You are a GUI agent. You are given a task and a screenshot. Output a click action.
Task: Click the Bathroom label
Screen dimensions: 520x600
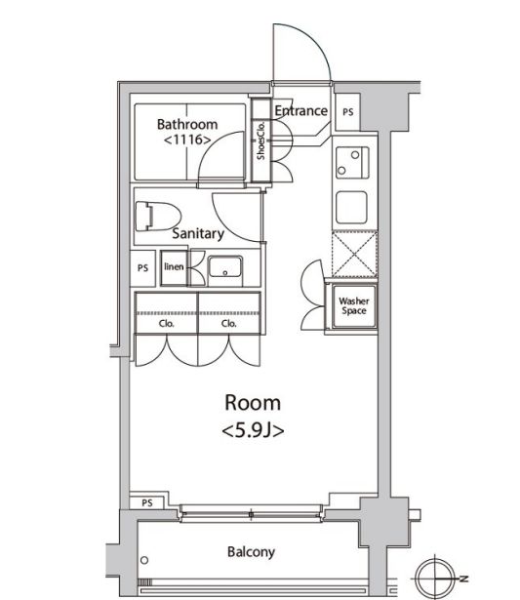(x=187, y=124)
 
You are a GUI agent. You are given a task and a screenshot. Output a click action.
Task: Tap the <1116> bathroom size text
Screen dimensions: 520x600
(x=187, y=140)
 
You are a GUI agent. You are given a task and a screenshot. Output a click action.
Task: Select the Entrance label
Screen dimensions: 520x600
(x=301, y=110)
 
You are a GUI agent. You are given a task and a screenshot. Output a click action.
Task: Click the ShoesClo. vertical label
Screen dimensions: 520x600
(x=261, y=140)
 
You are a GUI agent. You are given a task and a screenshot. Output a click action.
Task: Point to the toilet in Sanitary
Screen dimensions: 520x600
(x=157, y=217)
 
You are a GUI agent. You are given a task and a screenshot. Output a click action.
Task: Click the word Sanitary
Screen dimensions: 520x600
(x=198, y=233)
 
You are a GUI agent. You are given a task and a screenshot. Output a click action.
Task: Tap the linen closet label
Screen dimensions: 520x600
(x=174, y=266)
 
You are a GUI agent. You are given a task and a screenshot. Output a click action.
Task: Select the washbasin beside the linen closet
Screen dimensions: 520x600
(x=225, y=266)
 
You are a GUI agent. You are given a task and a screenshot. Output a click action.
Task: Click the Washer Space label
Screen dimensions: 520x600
(x=354, y=306)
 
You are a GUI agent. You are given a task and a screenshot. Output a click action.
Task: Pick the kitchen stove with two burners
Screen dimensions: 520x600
(x=352, y=163)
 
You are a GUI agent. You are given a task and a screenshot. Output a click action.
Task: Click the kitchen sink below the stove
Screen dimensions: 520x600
(x=351, y=208)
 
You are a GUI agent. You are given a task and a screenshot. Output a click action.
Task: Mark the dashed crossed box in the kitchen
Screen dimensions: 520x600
(x=354, y=254)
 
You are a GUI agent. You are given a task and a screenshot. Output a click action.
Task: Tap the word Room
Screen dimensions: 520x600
(x=253, y=403)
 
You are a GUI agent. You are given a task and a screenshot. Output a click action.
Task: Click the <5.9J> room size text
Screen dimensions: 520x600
(x=253, y=431)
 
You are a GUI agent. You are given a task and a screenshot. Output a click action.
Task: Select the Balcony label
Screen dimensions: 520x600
(x=251, y=552)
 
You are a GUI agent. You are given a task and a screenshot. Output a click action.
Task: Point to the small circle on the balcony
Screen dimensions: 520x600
(x=144, y=560)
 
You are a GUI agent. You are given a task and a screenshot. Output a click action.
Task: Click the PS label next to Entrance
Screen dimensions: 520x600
(x=348, y=112)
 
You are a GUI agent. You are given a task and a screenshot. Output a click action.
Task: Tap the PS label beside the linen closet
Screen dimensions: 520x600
(x=142, y=268)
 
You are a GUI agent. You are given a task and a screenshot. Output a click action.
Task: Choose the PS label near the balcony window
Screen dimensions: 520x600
(x=147, y=502)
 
